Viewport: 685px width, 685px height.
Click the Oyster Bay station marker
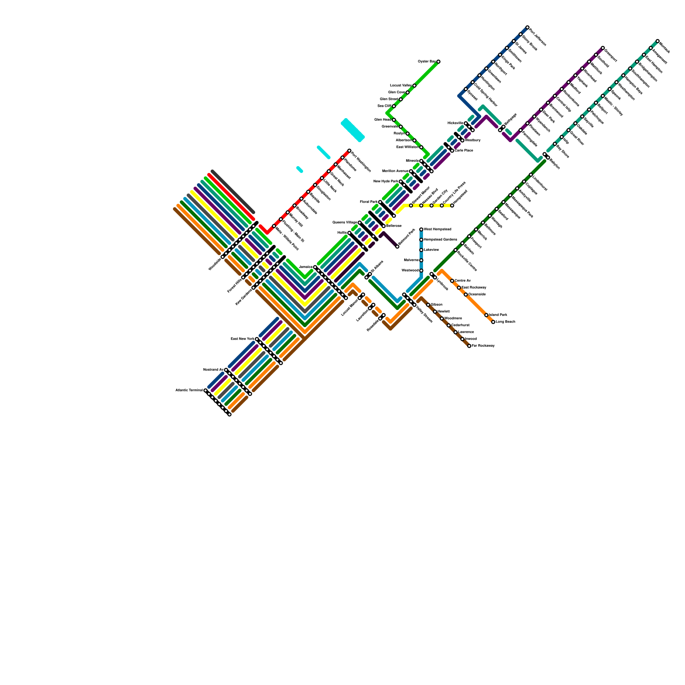click(438, 62)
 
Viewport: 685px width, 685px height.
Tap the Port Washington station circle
click(349, 151)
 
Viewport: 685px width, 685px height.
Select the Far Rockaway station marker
click(469, 346)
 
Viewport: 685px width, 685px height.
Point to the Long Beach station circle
click(493, 322)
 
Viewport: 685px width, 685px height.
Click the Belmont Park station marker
click(397, 247)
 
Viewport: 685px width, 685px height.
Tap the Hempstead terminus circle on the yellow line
click(452, 205)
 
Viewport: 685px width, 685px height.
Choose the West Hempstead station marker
click(421, 229)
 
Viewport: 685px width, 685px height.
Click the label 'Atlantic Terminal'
click(189, 390)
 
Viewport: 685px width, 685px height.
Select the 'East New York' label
click(242, 339)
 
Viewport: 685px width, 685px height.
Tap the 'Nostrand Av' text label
click(213, 370)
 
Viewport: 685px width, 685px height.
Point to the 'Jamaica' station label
click(306, 267)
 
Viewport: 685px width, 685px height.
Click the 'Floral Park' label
click(369, 202)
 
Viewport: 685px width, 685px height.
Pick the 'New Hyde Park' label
click(386, 182)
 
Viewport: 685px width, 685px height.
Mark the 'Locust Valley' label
click(401, 86)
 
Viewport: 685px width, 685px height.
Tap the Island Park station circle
click(486, 315)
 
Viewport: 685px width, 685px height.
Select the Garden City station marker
click(432, 205)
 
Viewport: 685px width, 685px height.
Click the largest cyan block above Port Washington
click(353, 130)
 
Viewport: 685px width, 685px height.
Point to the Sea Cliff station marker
click(394, 106)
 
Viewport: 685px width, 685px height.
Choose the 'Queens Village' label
click(345, 223)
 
